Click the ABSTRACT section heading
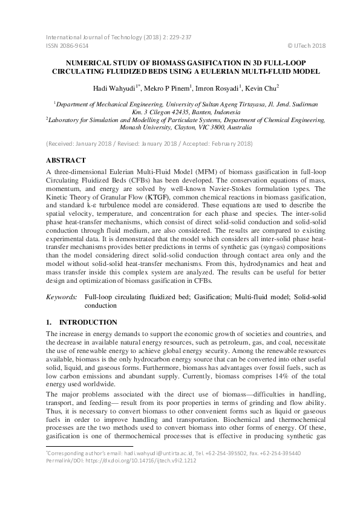[68, 161]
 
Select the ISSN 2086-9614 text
[67, 45]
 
